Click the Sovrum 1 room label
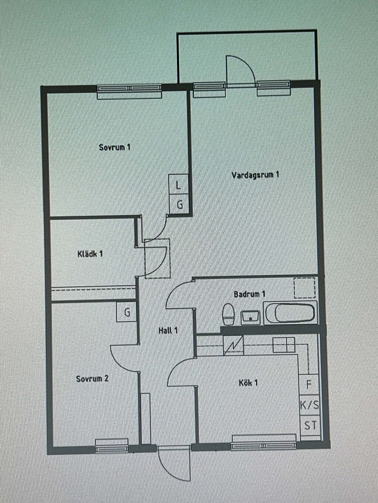[x=114, y=147]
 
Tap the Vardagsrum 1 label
[x=255, y=175]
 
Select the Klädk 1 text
[x=90, y=254]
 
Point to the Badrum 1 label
[x=250, y=294]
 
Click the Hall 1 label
[x=168, y=331]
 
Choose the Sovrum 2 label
[x=92, y=378]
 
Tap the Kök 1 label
[x=248, y=383]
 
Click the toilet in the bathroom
[x=228, y=314]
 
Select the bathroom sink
[x=250, y=317]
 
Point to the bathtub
[x=290, y=312]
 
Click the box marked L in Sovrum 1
[x=178, y=184]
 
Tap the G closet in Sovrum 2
[x=127, y=312]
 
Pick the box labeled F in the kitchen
[x=309, y=384]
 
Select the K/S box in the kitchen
[x=310, y=405]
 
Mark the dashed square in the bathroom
[x=305, y=288]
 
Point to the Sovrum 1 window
[x=130, y=92]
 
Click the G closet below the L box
[x=179, y=204]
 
